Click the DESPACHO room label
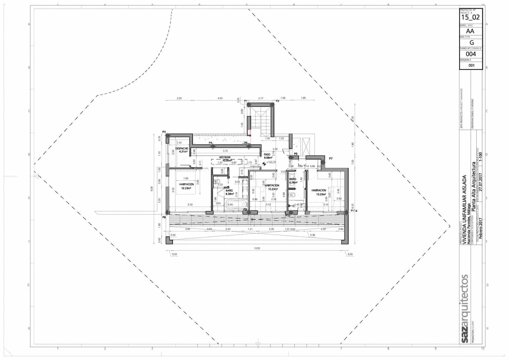pos(182,148)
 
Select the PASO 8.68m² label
pos(267,154)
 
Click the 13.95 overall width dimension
pos(257,248)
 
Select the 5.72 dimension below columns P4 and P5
pos(225,151)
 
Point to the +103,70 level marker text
pos(271,162)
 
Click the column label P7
pos(331,159)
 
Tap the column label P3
pos(164,131)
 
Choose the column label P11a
pos(354,211)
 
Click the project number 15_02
pos(471,18)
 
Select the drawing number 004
pos(471,54)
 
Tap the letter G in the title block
pos(471,42)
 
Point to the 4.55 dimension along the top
pos(220,98)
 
